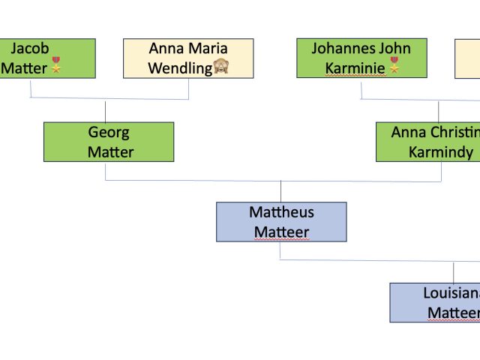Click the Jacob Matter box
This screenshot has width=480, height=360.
tap(47, 58)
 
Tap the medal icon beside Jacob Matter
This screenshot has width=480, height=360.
tap(55, 68)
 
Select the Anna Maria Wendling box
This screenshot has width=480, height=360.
tap(187, 58)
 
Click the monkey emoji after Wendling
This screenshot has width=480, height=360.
tap(220, 68)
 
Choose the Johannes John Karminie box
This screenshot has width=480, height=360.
tap(361, 58)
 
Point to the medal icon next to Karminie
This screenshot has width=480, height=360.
tap(394, 68)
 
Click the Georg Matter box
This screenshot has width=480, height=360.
tap(109, 142)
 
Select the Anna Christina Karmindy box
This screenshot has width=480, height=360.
tap(428, 142)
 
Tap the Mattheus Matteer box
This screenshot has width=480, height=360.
tap(281, 222)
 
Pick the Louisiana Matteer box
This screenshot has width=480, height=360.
tap(435, 302)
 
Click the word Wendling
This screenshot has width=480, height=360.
tap(179, 69)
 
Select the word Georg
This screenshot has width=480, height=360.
tap(109, 133)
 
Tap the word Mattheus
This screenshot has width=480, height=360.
tap(281, 212)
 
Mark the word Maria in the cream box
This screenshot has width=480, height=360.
tap(208, 49)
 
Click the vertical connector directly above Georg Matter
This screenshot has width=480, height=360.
tap(105, 111)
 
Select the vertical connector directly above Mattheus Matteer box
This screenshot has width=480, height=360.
tap(281, 191)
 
